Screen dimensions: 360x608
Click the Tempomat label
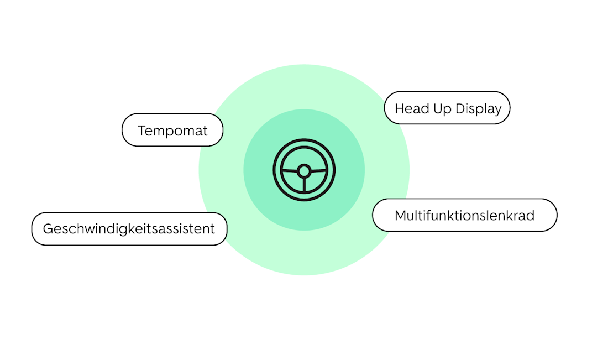(172, 131)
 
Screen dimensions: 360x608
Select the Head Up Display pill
(447, 108)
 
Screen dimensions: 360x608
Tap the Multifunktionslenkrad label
(464, 215)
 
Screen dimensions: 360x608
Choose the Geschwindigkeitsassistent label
(129, 228)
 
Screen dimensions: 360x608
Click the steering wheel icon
(304, 170)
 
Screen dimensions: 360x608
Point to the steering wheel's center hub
(304, 171)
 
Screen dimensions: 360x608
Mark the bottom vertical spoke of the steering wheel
(304, 185)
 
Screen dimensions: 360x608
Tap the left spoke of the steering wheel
(290, 169)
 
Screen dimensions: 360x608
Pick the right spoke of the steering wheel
(318, 169)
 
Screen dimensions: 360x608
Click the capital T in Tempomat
(141, 131)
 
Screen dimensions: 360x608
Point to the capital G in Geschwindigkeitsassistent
(48, 228)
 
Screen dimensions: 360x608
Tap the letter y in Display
(497, 111)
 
